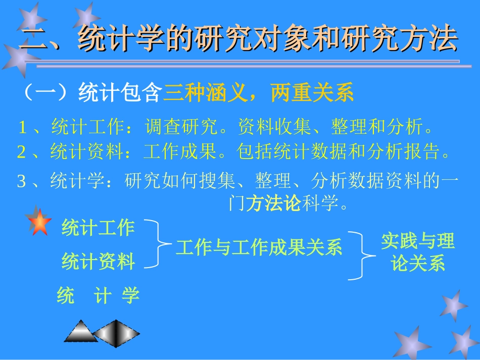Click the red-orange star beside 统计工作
tap(39, 223)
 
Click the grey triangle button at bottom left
tap(80, 332)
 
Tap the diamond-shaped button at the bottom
tap(117, 333)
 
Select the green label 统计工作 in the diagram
tap(98, 228)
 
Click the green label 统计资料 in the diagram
tap(98, 262)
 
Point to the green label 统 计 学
tap(98, 295)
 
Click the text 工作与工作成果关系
tap(259, 247)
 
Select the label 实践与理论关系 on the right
tap(418, 252)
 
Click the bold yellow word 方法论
tap(273, 204)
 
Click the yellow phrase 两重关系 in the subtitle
tap(312, 93)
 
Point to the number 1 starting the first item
tap(22, 128)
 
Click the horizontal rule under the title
tap(248, 64)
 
